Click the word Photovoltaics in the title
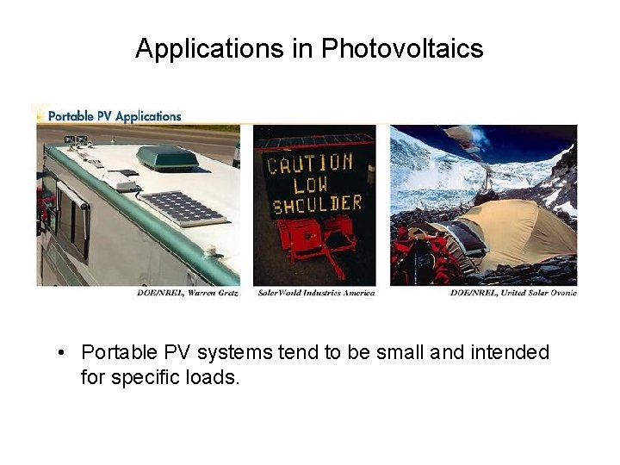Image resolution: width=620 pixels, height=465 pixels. click(402, 49)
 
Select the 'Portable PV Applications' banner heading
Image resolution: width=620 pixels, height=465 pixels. click(115, 115)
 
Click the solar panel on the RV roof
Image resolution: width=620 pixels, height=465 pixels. click(183, 208)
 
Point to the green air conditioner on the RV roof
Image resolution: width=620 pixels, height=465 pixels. click(167, 158)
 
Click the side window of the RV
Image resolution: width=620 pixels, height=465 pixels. click(72, 219)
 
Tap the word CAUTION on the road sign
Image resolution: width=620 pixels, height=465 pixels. click(310, 163)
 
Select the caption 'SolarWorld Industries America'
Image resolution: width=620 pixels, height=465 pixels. click(316, 293)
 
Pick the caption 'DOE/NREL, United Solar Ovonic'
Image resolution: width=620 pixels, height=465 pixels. click(513, 293)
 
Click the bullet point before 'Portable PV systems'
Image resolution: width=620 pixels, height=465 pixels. click(62, 353)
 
